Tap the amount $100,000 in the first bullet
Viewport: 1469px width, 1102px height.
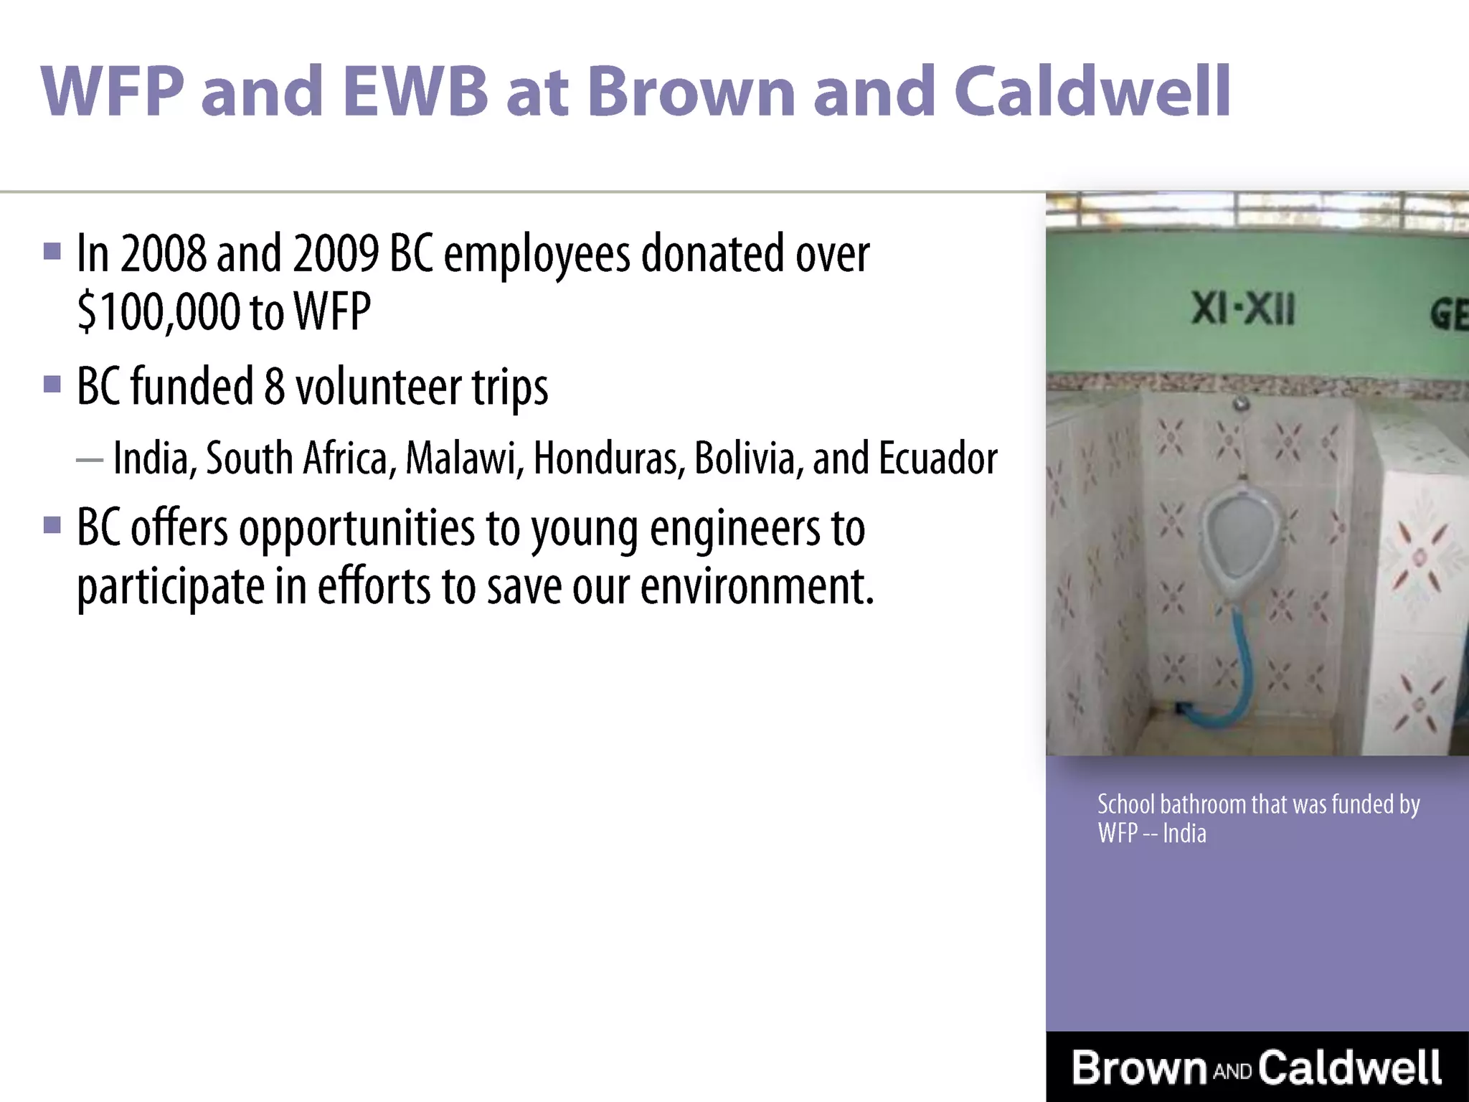[x=159, y=311]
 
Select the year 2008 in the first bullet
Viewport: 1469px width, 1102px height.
[x=163, y=253]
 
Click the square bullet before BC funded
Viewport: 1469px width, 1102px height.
[x=52, y=384]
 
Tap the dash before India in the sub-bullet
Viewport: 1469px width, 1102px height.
[x=90, y=460]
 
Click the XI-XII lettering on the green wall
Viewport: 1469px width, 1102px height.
[x=1243, y=310]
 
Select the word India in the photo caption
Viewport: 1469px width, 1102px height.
[x=1184, y=834]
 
